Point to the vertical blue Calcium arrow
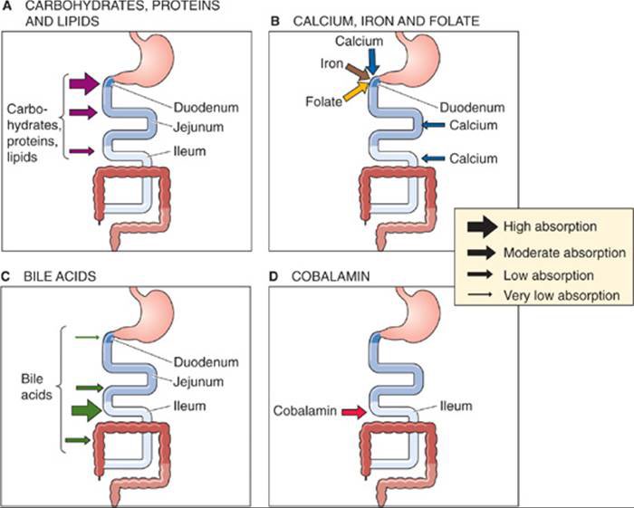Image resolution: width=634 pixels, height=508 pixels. point(372,60)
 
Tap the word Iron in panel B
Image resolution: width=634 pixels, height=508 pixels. point(331,63)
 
